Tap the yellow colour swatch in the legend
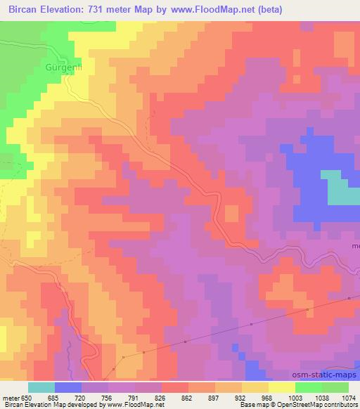tap(281, 387)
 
